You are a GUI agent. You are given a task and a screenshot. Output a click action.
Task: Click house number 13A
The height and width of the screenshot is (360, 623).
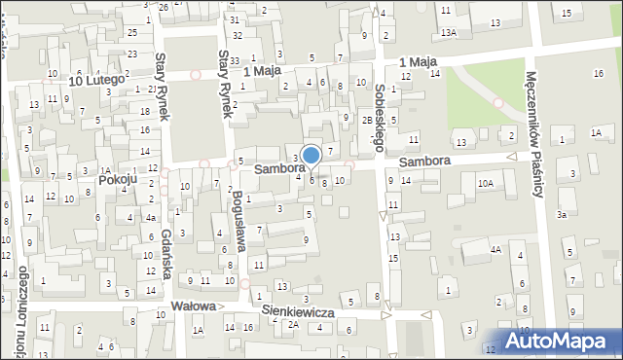448,32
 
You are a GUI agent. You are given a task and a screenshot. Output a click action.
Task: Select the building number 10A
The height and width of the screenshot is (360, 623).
485,182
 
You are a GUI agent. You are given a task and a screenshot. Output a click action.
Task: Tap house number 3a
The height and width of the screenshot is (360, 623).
561,214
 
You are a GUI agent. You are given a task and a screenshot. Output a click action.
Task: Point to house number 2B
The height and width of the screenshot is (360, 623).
366,120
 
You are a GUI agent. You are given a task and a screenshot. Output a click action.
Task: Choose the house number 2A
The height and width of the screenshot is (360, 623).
292,324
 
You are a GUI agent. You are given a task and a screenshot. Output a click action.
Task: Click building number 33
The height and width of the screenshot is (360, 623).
235,60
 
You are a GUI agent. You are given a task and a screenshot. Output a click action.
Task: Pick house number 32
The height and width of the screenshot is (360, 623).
235,35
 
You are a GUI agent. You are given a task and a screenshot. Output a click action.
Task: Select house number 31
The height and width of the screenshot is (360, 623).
235,19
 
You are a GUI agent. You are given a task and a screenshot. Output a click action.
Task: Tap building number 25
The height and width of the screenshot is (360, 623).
132,31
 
